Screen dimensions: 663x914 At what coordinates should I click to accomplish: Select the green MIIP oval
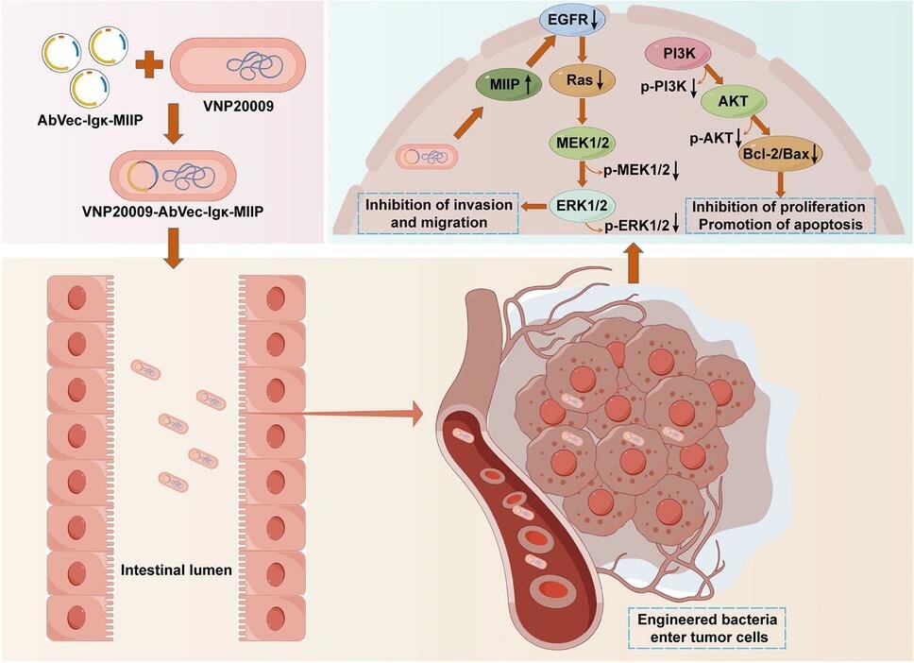510,83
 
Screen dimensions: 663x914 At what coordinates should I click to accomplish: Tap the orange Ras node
590,83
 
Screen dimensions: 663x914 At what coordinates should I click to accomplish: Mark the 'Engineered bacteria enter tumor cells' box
707,628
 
